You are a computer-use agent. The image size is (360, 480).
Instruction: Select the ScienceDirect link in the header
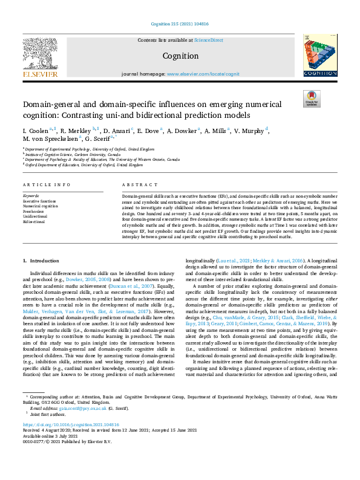point(208,40)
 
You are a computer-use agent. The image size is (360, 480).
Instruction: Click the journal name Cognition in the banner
point(180,55)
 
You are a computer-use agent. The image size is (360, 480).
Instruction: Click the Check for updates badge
point(311,97)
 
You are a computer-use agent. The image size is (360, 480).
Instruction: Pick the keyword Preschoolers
point(33,212)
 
